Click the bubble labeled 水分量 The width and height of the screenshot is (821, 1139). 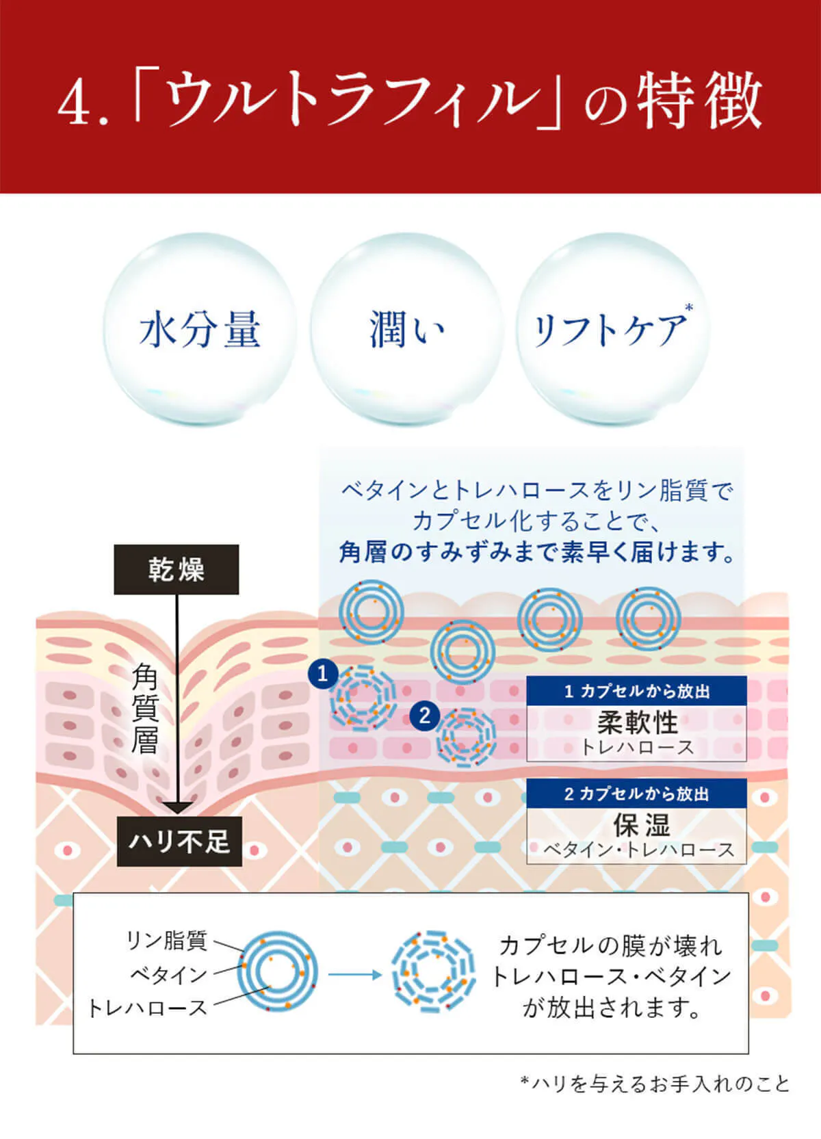[x=199, y=329]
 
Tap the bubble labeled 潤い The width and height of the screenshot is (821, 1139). [x=406, y=329]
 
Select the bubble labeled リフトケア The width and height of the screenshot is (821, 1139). [x=613, y=329]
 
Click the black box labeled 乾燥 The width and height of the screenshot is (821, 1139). [x=176, y=569]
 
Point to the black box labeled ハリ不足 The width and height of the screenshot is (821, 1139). [x=179, y=841]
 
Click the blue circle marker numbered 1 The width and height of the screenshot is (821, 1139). [x=322, y=675]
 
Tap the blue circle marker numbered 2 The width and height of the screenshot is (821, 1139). [x=425, y=716]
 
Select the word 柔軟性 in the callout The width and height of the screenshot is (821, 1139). [x=637, y=722]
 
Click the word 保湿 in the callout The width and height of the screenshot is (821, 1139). [x=641, y=825]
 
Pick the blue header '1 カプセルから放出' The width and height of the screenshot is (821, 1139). [x=636, y=691]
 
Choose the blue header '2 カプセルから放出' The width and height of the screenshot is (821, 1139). [x=636, y=794]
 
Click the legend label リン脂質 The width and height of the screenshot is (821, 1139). [x=167, y=940]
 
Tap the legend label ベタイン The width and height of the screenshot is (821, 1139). [x=169, y=975]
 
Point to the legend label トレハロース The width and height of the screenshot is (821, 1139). [x=148, y=1008]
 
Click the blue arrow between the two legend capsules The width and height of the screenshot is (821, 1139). [x=354, y=975]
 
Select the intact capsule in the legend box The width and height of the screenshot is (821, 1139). [x=277, y=971]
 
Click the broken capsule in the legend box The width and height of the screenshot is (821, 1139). [x=434, y=971]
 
